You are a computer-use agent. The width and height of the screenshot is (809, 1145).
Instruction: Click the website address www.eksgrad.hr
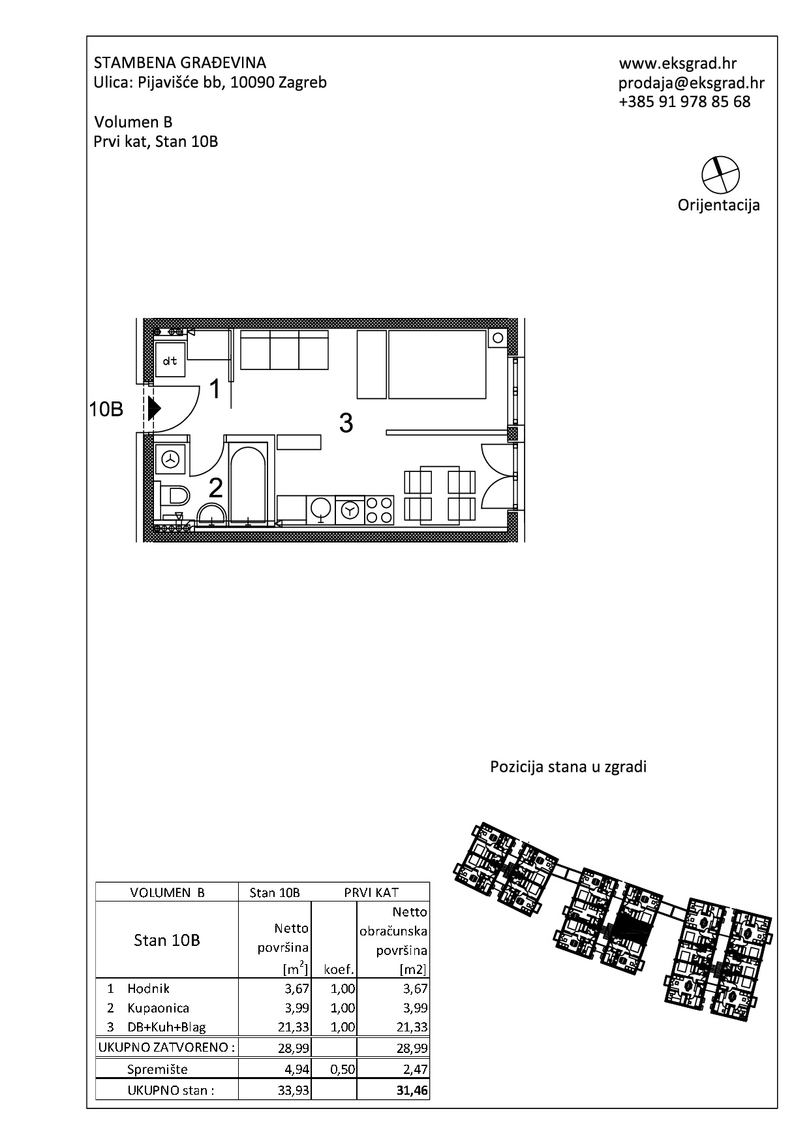coord(678,63)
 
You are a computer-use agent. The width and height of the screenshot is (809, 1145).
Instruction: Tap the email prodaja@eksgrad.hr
coord(692,83)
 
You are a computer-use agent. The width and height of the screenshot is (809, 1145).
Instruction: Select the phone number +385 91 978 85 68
coord(684,102)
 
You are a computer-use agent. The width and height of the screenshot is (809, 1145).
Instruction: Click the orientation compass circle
coord(721,174)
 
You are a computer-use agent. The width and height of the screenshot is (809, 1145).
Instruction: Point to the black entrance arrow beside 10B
coord(154,409)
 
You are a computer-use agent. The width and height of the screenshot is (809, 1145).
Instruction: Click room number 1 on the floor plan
coord(215,390)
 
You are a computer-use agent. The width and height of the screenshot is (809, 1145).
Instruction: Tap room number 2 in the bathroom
coord(215,488)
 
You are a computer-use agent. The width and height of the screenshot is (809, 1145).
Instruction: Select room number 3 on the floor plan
coord(346,423)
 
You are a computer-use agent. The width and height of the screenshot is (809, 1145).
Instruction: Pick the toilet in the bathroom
coord(172,495)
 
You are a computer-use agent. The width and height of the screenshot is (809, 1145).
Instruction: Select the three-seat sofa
coord(284,349)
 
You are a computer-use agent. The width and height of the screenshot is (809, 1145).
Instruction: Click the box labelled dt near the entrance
coord(171,361)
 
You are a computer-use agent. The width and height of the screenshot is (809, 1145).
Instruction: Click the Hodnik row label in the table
coord(149,988)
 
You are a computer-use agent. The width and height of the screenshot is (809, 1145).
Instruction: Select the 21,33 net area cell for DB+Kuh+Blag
coord(292,1027)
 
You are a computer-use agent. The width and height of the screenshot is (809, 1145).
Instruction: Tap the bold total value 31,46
coord(412,1090)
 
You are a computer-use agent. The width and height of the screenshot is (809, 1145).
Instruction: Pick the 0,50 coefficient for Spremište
coord(343,1069)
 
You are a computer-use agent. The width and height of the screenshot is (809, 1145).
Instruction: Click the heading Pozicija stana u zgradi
coord(568,766)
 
